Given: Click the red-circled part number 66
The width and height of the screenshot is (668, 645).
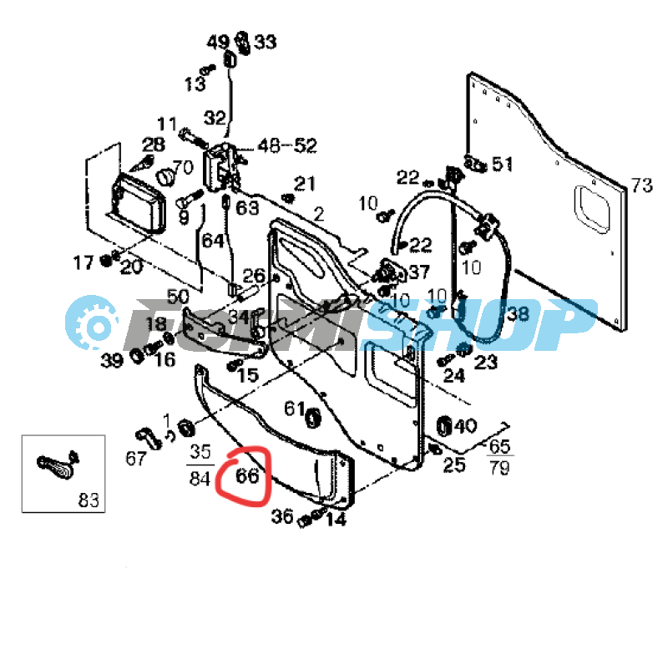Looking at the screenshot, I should (248, 477).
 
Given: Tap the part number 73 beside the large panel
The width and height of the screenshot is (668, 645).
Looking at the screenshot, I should (641, 185).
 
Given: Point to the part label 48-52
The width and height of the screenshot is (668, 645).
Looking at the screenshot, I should (287, 146).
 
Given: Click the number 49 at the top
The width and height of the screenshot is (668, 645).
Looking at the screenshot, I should (218, 42).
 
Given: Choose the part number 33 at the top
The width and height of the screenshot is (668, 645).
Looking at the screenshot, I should (266, 42).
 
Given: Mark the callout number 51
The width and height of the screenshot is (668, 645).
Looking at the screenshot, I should (502, 164).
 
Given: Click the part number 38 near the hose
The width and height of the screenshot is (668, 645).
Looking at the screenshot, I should (518, 313).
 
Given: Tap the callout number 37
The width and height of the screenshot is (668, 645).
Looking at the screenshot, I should (418, 272).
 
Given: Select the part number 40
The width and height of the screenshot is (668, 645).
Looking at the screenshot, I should (465, 426).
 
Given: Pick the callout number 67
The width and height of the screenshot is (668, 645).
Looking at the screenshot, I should (136, 458).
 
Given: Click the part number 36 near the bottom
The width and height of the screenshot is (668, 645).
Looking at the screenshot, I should (282, 517).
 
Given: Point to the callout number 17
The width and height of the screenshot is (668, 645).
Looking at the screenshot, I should (83, 263).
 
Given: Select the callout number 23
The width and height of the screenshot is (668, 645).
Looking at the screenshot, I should (486, 362).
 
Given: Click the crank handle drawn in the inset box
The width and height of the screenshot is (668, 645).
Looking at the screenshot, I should (55, 468).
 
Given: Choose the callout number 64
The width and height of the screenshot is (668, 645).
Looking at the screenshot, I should (213, 241).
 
